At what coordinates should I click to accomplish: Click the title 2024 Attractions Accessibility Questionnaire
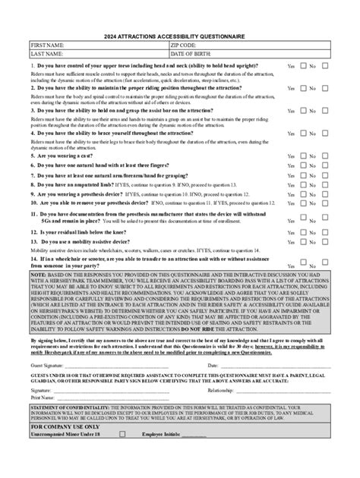click(x=180, y=36)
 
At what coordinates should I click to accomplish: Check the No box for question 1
click(x=325, y=66)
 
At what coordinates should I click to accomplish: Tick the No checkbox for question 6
click(x=325, y=165)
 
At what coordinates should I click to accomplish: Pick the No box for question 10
click(x=325, y=203)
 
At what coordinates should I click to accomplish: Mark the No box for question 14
click(x=325, y=263)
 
